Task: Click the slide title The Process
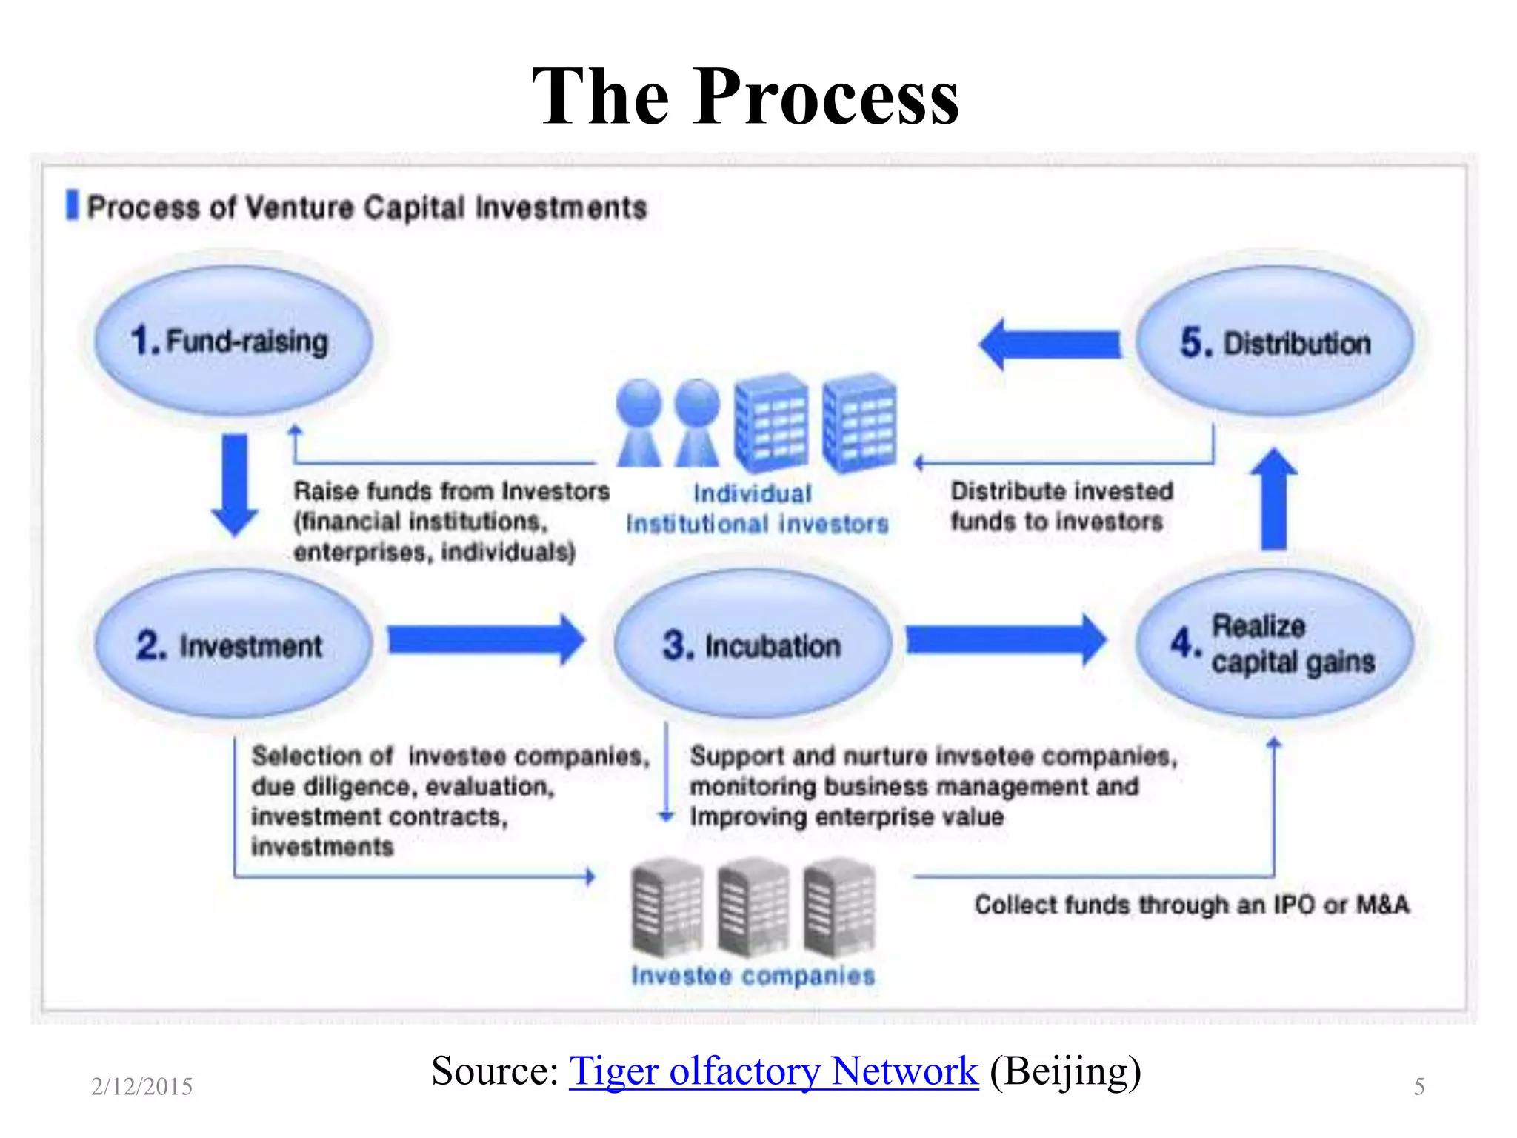point(745,96)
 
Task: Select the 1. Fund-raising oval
point(233,341)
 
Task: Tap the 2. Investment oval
point(233,645)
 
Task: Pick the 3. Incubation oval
point(751,645)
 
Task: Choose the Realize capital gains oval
point(1274,643)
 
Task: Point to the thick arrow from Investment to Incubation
point(486,639)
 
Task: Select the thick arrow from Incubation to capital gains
point(1006,639)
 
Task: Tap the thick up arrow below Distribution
point(1273,500)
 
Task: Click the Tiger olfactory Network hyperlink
point(773,1071)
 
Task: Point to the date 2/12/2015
point(141,1086)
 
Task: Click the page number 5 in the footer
point(1419,1086)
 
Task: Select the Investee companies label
point(753,975)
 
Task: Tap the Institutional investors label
point(757,524)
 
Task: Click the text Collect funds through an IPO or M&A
point(1191,905)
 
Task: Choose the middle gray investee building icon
point(753,908)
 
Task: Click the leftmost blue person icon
point(639,422)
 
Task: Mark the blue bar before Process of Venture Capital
point(72,205)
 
